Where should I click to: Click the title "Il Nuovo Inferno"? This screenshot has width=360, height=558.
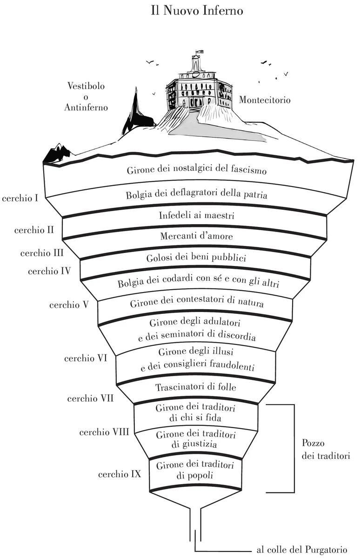[x=197, y=10]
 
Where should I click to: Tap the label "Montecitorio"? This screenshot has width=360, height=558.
[x=265, y=100]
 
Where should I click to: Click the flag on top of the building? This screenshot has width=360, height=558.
[x=199, y=51]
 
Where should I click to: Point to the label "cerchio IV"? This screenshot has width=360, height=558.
[x=49, y=271]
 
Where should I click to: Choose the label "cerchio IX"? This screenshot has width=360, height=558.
[x=120, y=475]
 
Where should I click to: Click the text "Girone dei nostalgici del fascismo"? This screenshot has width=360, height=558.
[x=196, y=170]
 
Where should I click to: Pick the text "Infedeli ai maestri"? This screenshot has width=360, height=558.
[x=196, y=215]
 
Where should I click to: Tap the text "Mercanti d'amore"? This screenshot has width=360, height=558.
[x=196, y=236]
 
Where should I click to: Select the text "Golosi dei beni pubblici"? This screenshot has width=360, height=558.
[x=197, y=257]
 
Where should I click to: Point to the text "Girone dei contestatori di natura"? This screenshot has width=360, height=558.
[x=197, y=304]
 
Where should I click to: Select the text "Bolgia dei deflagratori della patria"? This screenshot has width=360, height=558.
[x=196, y=195]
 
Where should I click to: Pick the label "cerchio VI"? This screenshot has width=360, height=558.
[x=86, y=359]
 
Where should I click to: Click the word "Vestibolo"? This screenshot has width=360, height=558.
[x=86, y=86]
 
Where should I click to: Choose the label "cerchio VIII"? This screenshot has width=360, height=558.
[x=104, y=432]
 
